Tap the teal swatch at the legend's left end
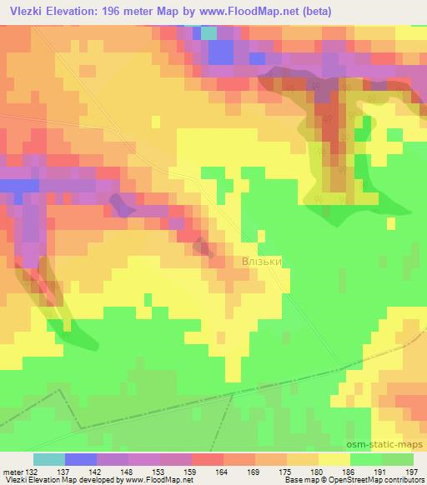(x=48, y=459)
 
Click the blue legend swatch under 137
(x=81, y=459)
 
